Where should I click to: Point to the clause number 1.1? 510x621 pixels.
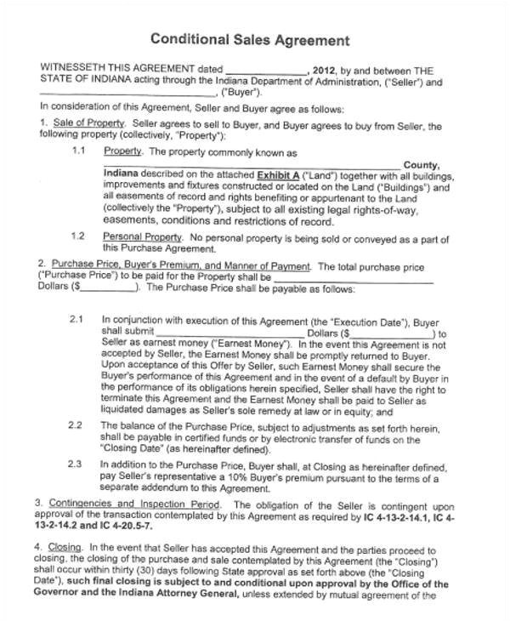pyautogui.click(x=79, y=151)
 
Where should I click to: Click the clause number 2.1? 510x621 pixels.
pyautogui.click(x=76, y=319)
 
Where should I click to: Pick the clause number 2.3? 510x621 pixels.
pyautogui.click(x=76, y=464)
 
